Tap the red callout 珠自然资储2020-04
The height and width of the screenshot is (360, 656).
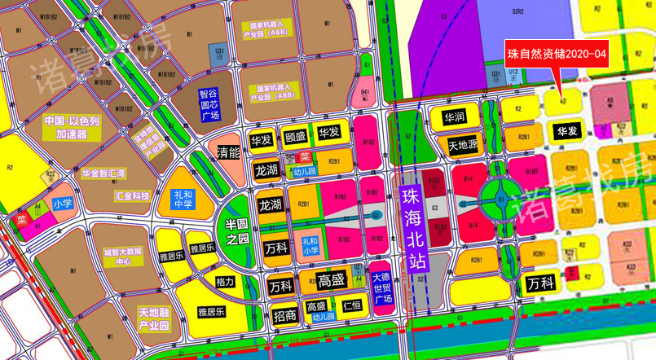point(557,54)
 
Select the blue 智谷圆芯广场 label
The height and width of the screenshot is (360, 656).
point(209,104)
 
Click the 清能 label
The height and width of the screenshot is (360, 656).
point(228,151)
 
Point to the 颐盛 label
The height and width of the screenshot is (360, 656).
point(295,136)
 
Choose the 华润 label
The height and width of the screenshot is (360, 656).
point(454,117)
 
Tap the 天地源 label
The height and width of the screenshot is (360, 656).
point(464,145)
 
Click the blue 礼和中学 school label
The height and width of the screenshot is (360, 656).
point(183,199)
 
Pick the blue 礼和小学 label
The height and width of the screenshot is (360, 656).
point(310,246)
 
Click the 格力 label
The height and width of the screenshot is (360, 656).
point(226,282)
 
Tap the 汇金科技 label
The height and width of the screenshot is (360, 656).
point(132,195)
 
